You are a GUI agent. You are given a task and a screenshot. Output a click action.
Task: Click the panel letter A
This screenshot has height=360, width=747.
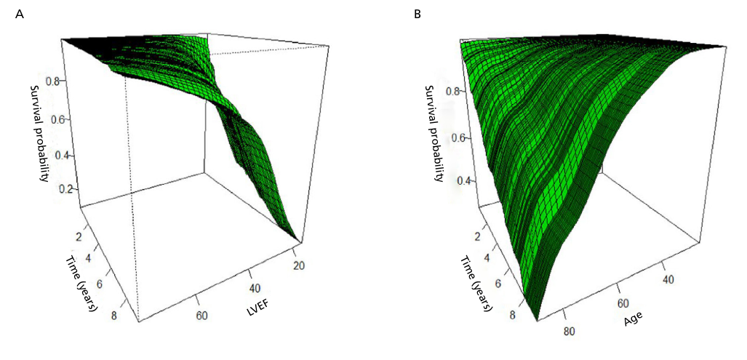pyautogui.click(x=20, y=14)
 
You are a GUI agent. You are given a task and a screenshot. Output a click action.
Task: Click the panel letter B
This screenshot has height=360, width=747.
pyautogui.click(x=417, y=14)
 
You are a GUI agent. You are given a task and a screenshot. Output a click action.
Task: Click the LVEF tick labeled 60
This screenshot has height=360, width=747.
pyautogui.click(x=201, y=315)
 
